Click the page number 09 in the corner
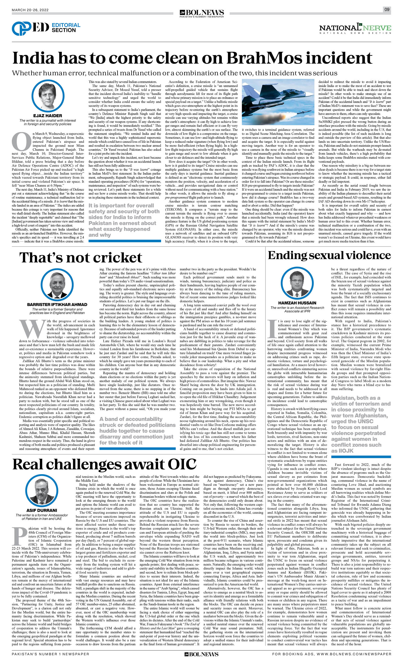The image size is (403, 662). [387, 10]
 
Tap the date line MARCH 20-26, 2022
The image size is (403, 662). [30, 10]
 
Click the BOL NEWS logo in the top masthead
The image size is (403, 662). [202, 13]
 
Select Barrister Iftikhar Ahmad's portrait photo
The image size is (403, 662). [57, 285]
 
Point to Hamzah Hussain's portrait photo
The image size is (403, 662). [297, 284]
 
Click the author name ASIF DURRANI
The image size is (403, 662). [42, 510]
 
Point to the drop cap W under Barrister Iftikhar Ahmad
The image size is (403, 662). [32, 329]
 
